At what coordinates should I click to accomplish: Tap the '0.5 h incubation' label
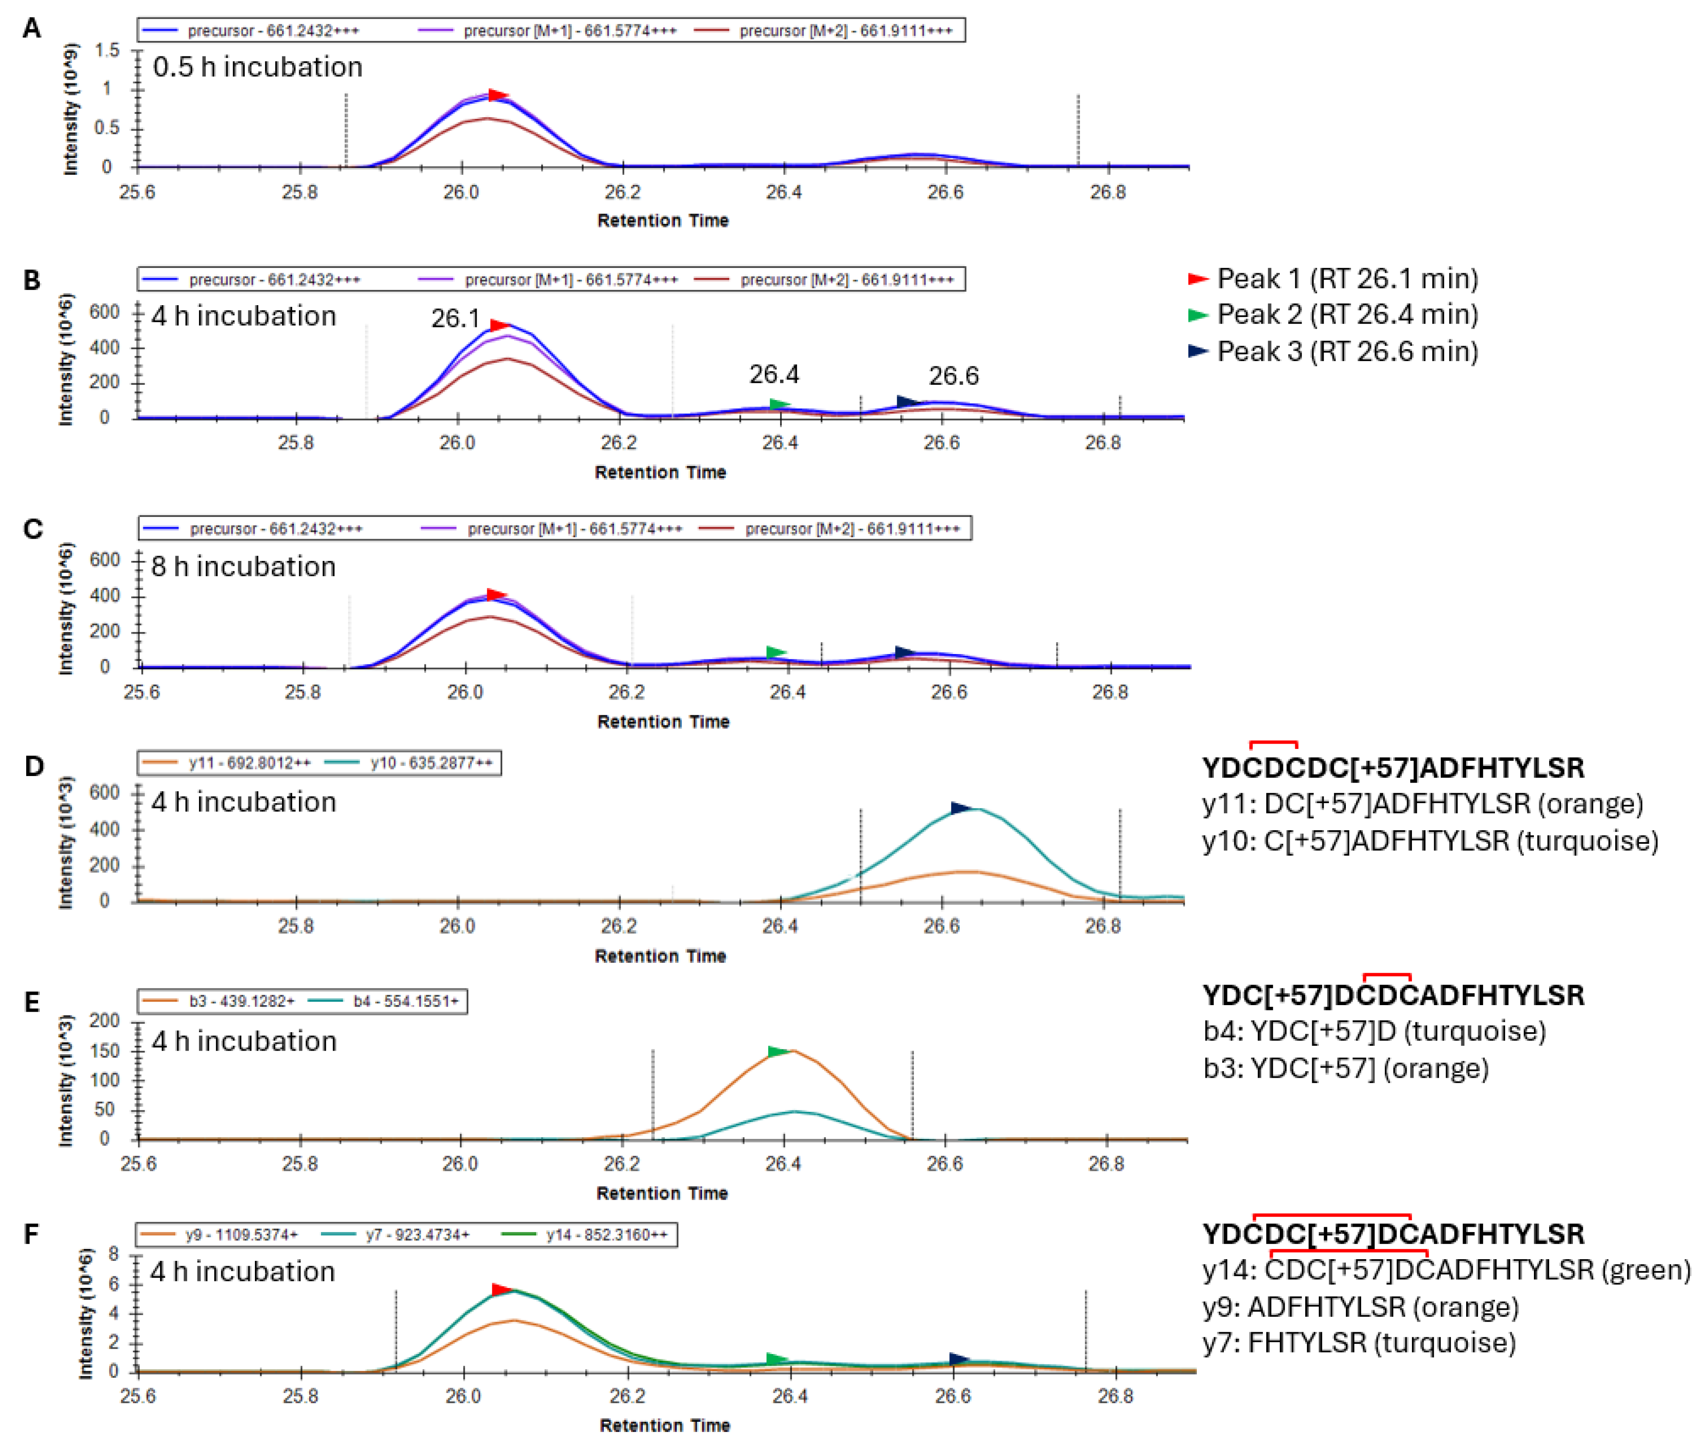tap(257, 66)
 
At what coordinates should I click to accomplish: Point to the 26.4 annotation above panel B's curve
tap(773, 374)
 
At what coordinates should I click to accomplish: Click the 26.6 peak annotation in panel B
tap(953, 376)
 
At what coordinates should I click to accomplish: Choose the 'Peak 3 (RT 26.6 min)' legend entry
tap(1346, 352)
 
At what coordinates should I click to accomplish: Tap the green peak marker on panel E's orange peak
tap(777, 1051)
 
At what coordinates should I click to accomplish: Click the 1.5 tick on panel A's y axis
tap(107, 51)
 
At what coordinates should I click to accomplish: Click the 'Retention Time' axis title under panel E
tap(662, 1193)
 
